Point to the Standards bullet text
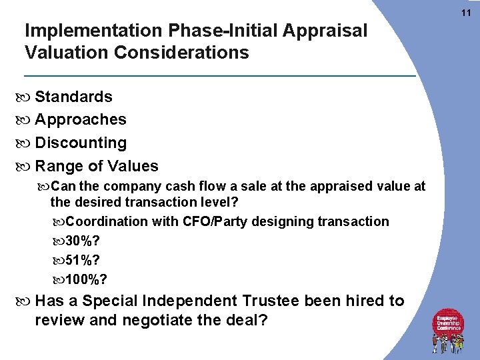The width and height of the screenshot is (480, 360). (x=73, y=97)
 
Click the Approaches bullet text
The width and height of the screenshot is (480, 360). (x=81, y=120)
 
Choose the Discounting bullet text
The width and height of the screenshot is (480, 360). (x=81, y=143)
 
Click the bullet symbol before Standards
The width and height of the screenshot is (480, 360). (x=28, y=97)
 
